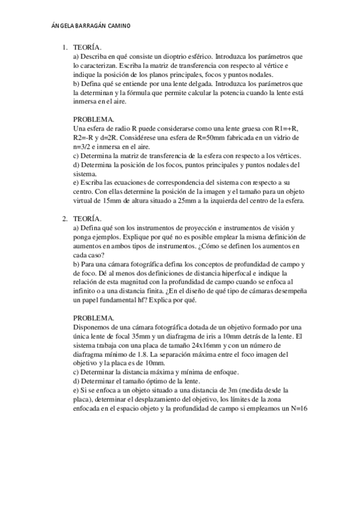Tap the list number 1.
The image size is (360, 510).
[x=64, y=47]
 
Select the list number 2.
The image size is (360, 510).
[x=64, y=219]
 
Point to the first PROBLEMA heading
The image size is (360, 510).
[x=94, y=120]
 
